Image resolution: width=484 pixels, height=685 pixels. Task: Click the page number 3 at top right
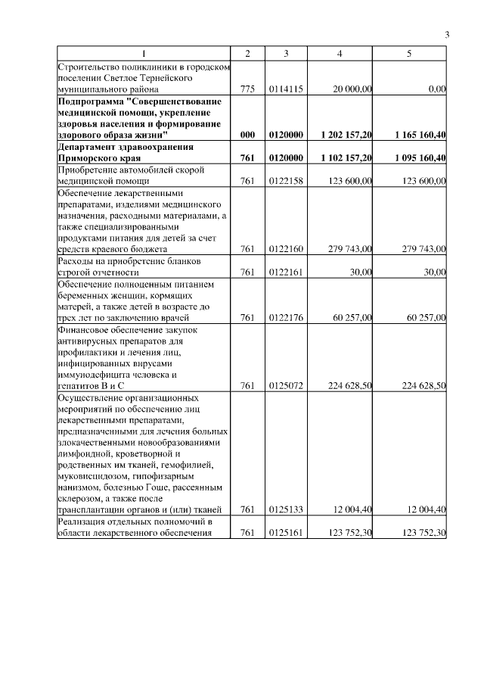pyautogui.click(x=446, y=35)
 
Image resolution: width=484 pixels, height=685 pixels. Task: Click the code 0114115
pyautogui.click(x=286, y=89)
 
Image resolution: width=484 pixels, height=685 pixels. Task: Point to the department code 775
pyautogui.click(x=247, y=89)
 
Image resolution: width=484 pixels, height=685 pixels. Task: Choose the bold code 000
pyautogui.click(x=247, y=135)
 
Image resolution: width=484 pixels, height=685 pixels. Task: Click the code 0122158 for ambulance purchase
pyautogui.click(x=286, y=181)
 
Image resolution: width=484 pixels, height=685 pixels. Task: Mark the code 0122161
pyautogui.click(x=286, y=272)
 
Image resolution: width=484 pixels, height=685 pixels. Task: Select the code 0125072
pyautogui.click(x=286, y=386)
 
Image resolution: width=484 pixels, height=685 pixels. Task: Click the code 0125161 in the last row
pyautogui.click(x=286, y=534)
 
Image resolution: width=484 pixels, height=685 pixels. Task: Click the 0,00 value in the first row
pyautogui.click(x=436, y=89)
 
